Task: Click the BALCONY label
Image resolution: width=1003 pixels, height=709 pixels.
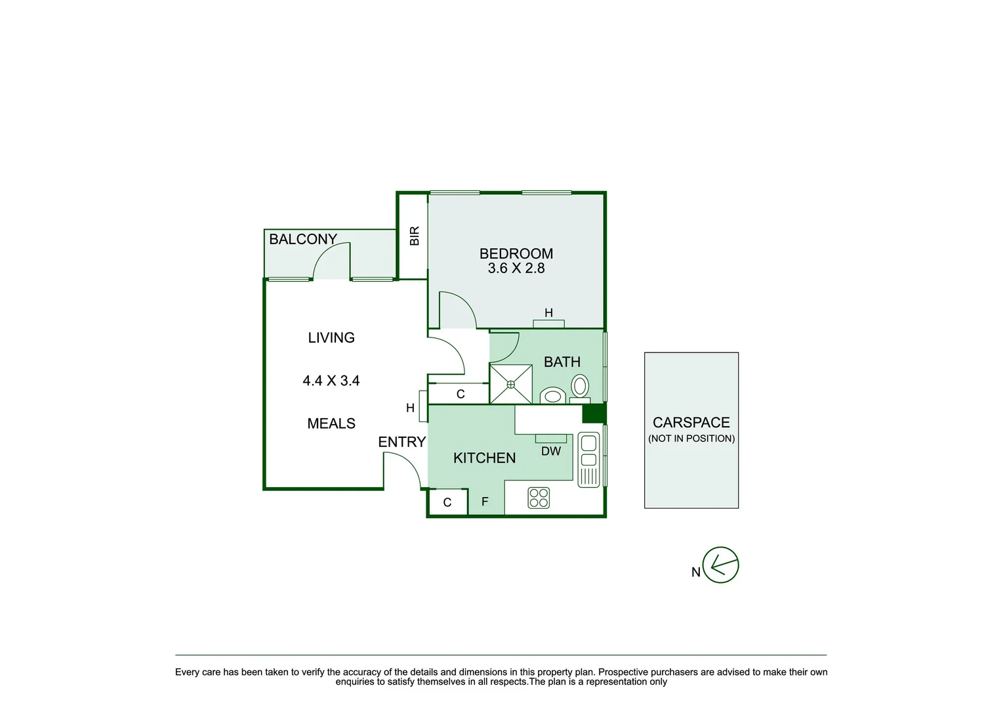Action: (302, 240)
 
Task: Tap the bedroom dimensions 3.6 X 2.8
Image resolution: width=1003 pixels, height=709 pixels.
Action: (516, 269)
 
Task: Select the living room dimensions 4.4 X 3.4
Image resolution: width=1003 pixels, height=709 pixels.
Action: (331, 381)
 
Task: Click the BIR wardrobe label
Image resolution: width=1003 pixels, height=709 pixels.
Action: (415, 236)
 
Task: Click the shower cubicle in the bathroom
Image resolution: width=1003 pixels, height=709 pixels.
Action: (510, 384)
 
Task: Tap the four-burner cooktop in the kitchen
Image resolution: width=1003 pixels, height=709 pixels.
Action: (539, 498)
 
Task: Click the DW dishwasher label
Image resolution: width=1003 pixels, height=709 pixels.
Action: (551, 452)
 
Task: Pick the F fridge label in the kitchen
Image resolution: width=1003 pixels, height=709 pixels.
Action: (485, 502)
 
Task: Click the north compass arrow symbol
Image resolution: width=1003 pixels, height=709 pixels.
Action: (720, 565)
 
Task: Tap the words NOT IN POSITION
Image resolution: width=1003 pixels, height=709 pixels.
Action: (691, 439)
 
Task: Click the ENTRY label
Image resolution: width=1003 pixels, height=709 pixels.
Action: (401, 442)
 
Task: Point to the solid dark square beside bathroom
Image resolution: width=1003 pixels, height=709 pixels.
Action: (594, 414)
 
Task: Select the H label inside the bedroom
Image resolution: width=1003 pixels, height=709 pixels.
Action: (548, 313)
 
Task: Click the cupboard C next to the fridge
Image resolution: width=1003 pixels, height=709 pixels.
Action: (447, 503)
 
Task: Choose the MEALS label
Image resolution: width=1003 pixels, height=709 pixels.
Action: (331, 424)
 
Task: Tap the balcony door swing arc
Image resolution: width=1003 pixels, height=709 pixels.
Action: (331, 260)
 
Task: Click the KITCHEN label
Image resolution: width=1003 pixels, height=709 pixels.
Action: (484, 458)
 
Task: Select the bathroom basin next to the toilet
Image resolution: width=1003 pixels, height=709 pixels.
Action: (553, 396)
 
